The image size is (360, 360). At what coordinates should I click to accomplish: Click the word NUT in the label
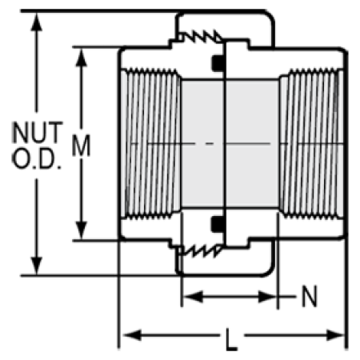pos(38,132)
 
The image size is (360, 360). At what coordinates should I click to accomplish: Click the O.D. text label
pos(37,158)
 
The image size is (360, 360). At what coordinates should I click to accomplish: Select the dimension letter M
pos(82,146)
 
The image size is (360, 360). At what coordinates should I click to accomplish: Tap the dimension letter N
pos(310,296)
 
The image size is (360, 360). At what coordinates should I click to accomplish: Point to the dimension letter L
pos(231,339)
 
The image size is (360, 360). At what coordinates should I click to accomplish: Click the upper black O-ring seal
pos(218,63)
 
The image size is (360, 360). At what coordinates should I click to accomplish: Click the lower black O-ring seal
pos(218,224)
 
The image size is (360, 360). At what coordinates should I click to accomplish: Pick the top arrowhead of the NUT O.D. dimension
pos(37,22)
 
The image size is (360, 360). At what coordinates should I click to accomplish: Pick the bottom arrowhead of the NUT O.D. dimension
pos(37,265)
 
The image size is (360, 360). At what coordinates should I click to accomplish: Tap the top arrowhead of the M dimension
pos(82,58)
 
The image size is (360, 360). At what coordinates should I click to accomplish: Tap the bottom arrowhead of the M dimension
pos(82,230)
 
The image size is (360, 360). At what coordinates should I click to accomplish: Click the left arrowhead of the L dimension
pos(132,335)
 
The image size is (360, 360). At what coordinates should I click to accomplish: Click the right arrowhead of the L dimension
pos(335,335)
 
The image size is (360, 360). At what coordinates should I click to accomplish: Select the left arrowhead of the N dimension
pos(194,297)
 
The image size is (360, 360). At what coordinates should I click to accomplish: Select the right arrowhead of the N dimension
pos(267,297)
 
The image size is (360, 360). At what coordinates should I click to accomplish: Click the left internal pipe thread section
pos(151,144)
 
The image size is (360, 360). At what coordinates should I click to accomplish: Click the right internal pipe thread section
pos(311,144)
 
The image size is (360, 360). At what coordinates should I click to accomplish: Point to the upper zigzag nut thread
pos(201,36)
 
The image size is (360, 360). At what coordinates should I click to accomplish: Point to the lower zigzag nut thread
pos(201,250)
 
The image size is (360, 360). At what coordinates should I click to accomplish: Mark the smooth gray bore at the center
pos(230,143)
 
